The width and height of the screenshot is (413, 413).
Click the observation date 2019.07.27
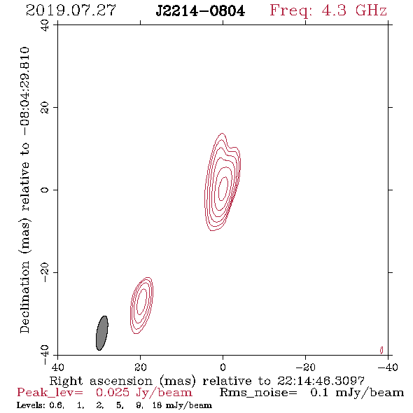click(x=71, y=10)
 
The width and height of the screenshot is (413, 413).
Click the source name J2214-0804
click(x=200, y=11)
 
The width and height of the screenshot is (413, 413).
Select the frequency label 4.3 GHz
click(x=354, y=10)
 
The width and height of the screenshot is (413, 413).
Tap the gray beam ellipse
click(x=102, y=333)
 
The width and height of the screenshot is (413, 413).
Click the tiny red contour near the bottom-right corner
click(x=381, y=350)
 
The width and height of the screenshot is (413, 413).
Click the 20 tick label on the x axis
click(x=140, y=367)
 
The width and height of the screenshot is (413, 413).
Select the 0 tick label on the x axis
click(x=223, y=367)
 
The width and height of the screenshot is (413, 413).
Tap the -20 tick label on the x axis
click(x=305, y=367)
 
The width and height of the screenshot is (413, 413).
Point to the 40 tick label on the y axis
click(x=45, y=25)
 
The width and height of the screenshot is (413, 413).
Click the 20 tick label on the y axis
click(x=45, y=108)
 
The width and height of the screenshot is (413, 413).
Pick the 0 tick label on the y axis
click(x=45, y=190)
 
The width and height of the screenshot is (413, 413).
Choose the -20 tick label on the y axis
click(x=45, y=272)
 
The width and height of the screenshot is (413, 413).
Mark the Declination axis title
click(x=24, y=190)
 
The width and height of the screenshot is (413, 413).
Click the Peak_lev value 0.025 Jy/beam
click(x=143, y=393)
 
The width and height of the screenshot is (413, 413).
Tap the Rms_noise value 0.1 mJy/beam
click(x=357, y=393)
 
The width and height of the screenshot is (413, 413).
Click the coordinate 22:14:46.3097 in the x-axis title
click(x=321, y=381)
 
